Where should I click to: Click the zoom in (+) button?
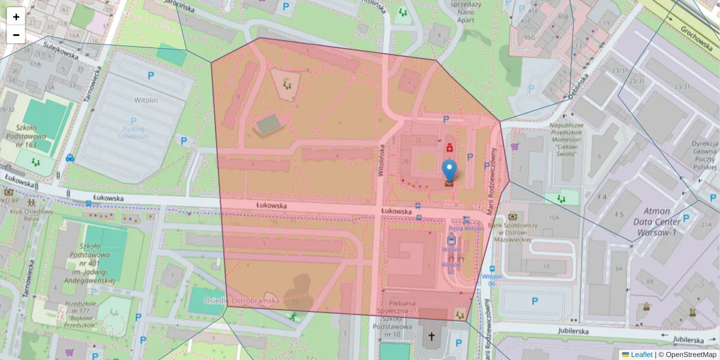16,17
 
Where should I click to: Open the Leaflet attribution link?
641,355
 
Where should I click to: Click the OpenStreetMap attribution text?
690,355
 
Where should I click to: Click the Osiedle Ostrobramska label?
241,300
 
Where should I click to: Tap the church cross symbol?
430,338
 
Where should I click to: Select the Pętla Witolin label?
466,229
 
